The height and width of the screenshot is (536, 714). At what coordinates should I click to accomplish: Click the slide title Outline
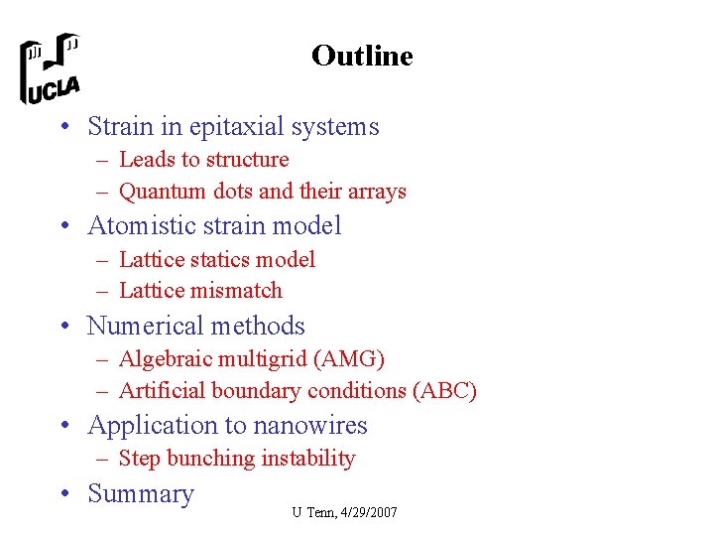(361, 56)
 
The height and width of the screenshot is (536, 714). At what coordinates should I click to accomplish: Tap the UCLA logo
(51, 68)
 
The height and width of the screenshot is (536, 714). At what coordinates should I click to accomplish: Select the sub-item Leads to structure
(203, 160)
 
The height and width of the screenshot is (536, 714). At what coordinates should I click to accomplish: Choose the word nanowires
(311, 426)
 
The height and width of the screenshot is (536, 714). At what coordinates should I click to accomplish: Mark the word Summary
(141, 494)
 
